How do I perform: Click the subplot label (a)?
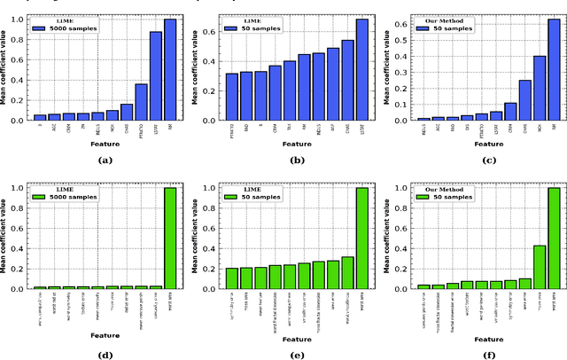(x=106, y=160)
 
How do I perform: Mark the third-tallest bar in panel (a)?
(x=141, y=101)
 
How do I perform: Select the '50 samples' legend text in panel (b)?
(x=265, y=29)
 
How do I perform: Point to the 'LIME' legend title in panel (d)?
(x=65, y=191)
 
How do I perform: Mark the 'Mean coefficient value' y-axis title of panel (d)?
(x=4, y=238)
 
